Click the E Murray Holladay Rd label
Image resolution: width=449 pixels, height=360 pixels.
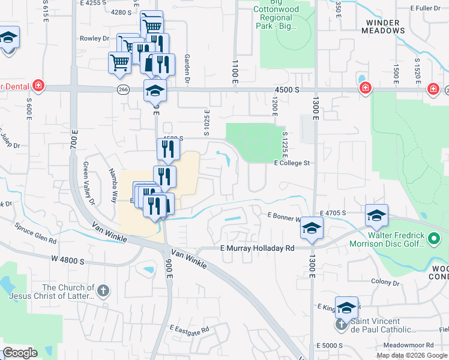(x=258, y=248)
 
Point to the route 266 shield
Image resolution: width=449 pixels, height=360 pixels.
(x=123, y=89)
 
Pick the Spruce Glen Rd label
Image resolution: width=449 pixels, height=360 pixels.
(x=37, y=237)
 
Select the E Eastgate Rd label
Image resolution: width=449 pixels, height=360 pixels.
(x=189, y=329)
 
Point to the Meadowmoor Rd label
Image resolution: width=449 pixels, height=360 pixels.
(x=411, y=345)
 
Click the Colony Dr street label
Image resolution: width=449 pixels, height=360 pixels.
(x=385, y=281)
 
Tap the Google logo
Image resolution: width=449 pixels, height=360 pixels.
(x=20, y=353)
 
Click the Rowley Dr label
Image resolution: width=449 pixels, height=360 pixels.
(x=94, y=38)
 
